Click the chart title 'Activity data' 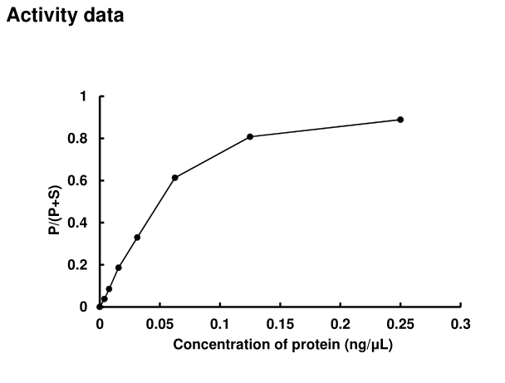(66, 16)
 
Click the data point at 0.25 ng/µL (400, 120)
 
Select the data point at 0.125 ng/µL (250, 136)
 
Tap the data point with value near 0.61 (175, 178)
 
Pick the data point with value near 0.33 (137, 237)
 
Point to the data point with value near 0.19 (119, 268)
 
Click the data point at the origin (100, 307)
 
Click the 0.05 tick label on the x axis (159, 324)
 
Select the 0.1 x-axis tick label (220, 324)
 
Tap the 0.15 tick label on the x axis (280, 324)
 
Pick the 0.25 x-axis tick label (400, 324)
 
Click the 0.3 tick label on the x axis (461, 324)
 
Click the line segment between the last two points (325, 128)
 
